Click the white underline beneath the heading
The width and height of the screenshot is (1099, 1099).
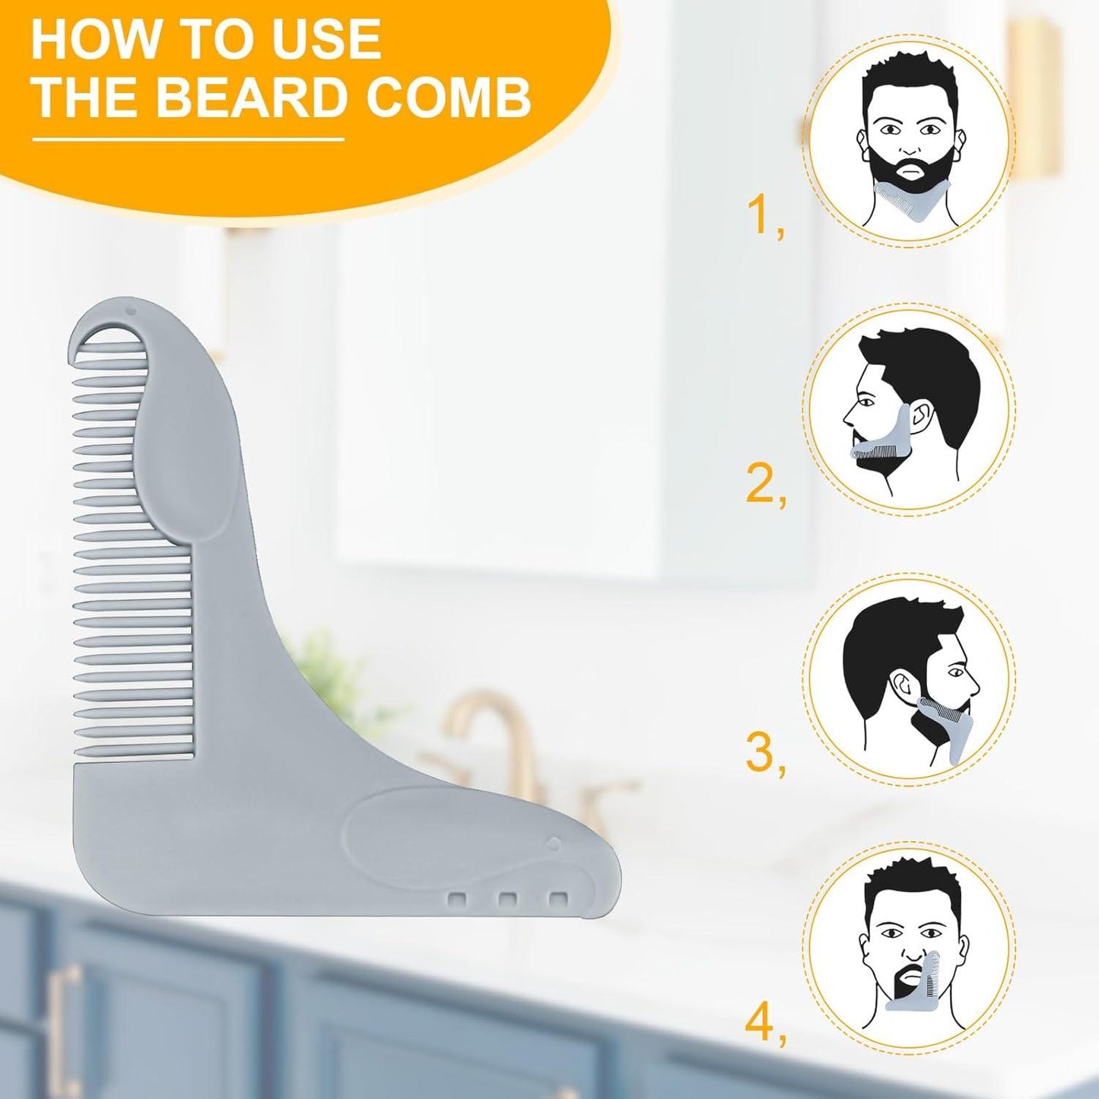point(188,138)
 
